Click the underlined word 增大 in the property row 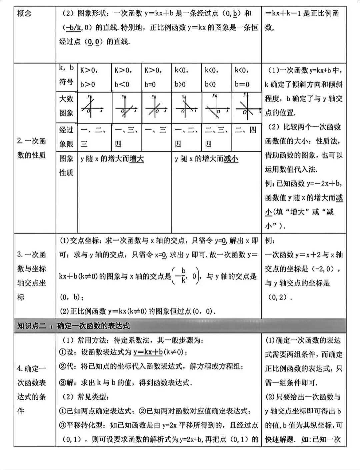[137, 159]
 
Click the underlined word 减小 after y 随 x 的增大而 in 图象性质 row [231, 159]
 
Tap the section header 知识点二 [32, 326]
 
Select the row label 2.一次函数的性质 [32, 148]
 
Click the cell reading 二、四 [246, 130]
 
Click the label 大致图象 [66, 106]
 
